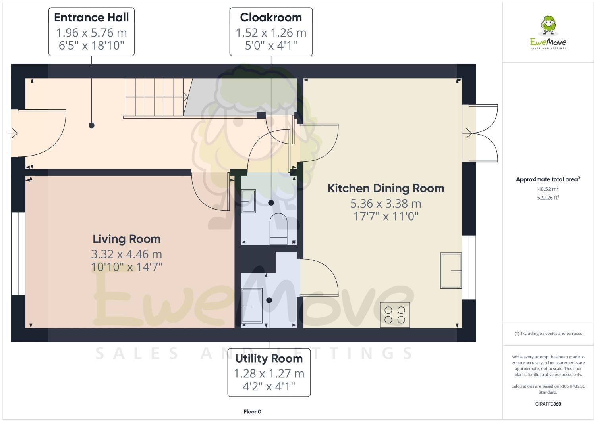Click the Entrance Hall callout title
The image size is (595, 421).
91,17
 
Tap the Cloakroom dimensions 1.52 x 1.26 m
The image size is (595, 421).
271,33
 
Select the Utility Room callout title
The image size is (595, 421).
269,358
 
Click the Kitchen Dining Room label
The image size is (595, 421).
386,188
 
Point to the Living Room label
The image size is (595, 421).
127,239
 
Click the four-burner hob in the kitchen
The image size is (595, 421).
395,315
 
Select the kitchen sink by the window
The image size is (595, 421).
451,270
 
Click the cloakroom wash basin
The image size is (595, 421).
249,202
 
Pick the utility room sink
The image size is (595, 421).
252,306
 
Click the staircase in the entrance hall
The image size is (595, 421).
156,97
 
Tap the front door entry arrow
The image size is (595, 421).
13,133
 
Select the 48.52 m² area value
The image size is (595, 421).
548,189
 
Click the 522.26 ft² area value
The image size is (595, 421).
548,197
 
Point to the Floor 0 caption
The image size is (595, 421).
252,411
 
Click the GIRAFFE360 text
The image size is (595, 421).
548,404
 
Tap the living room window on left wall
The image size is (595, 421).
18,254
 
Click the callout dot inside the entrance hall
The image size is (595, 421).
91,125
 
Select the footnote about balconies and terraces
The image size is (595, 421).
548,333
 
